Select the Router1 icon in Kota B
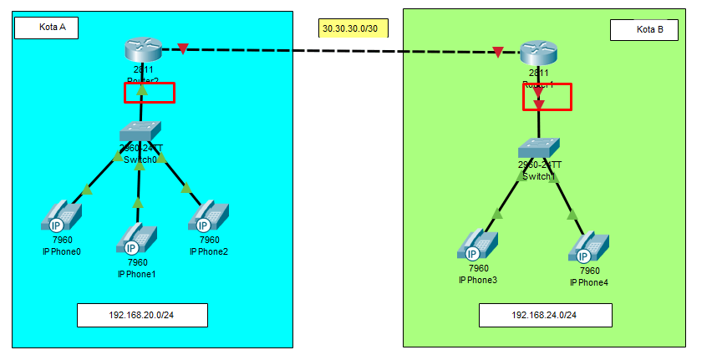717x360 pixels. point(537,54)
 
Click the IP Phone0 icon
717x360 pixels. point(62,215)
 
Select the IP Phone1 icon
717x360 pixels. point(136,239)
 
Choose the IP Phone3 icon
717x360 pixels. point(477,244)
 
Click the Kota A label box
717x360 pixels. point(46,28)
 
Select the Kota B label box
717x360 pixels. point(643,30)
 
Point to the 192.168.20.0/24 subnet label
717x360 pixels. point(142,316)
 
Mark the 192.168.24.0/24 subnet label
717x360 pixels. point(545,316)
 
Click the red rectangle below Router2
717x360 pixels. point(149,93)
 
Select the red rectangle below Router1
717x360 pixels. point(547,97)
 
